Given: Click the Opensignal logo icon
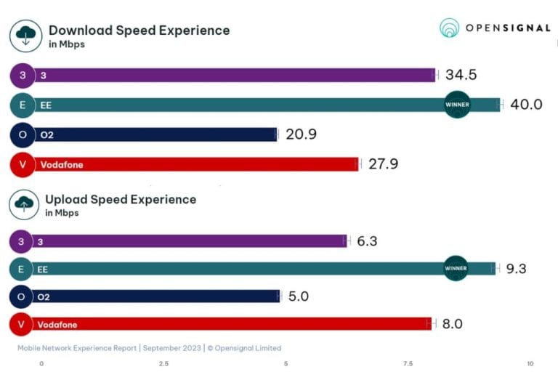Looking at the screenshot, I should tap(450, 28).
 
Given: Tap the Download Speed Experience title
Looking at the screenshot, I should tap(139, 31).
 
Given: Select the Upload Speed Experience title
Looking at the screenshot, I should tap(121, 199).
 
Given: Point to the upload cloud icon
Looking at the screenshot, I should tap(24, 204).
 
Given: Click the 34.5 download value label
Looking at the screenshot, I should tap(461, 75).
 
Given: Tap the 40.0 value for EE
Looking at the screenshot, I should tap(526, 105).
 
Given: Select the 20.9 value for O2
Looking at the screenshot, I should tap(301, 134).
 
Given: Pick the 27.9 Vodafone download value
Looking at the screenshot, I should tap(383, 164).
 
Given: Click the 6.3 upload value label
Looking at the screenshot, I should tap(367, 241).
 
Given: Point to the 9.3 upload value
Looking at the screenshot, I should tap(516, 269).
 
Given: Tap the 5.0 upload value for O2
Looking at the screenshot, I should tap(299, 296).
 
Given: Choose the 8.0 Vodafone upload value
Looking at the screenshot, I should tap(452, 324).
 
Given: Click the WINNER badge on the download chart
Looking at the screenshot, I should tap(457, 105).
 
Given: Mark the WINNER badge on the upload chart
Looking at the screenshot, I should tap(456, 269).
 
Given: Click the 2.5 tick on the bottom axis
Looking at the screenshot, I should tap(164, 363).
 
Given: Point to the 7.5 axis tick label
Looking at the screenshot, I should tap(408, 363).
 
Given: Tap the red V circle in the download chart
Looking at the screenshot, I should tap(23, 165).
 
